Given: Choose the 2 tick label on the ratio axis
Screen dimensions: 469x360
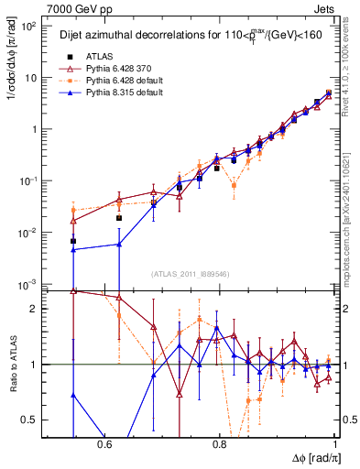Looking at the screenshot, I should tap(35, 309).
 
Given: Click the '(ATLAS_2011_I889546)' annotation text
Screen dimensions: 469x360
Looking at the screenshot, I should tap(191, 274).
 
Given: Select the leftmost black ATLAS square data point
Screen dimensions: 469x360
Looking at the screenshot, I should tap(73, 241).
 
